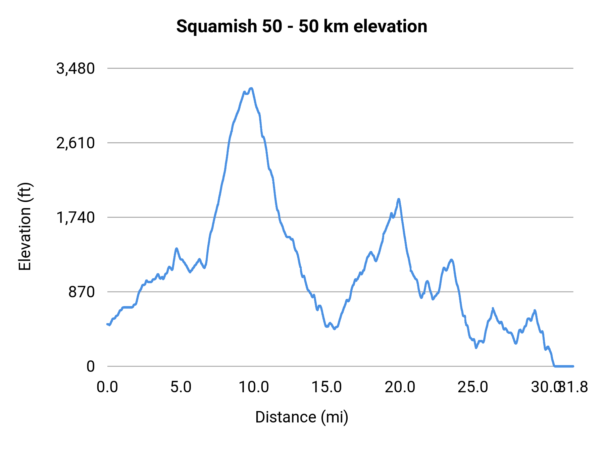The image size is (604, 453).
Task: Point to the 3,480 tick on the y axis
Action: pos(76,69)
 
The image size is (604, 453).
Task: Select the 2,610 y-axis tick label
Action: pos(76,143)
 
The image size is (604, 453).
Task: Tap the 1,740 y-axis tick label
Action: pos(76,218)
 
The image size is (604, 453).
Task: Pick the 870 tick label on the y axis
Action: pos(82,292)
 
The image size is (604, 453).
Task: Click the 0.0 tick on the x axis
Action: pos(107,387)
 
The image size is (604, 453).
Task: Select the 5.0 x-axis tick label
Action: pos(181,387)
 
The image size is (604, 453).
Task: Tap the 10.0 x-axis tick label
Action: pos(254,387)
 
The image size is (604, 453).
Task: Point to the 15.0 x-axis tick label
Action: pos(327,387)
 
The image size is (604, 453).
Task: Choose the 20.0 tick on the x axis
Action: pos(400,387)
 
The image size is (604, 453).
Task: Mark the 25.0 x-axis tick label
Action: pos(473,387)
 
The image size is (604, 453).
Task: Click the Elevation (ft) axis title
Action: pos(25,226)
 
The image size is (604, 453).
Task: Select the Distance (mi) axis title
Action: pos(302,417)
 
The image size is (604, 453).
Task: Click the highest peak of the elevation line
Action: pos(251,88)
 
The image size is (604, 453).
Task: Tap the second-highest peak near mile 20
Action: pos(399,199)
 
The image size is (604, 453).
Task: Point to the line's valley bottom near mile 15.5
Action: pos(334,329)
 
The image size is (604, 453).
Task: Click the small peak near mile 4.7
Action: pos(177,248)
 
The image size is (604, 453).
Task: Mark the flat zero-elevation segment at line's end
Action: pos(564,366)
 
